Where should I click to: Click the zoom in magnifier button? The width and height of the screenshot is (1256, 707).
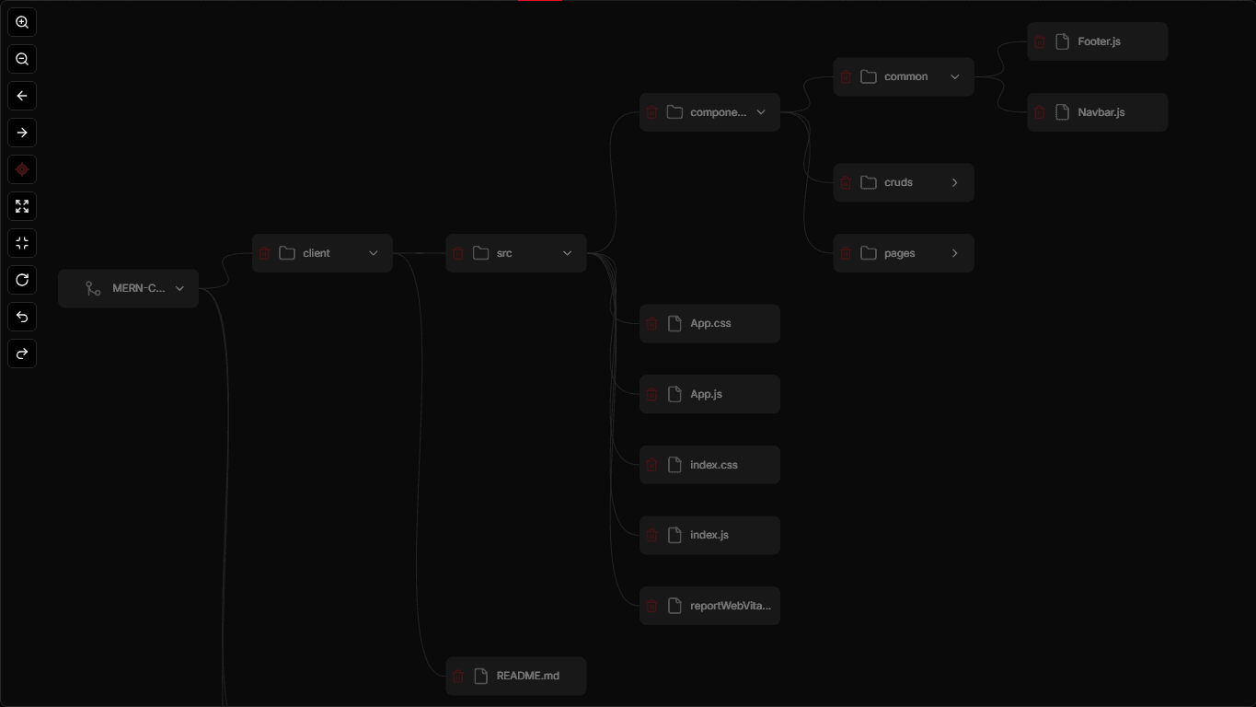[22, 22]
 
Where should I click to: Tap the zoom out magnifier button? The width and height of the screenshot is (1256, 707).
[22, 59]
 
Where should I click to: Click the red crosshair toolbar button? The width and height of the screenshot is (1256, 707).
[22, 169]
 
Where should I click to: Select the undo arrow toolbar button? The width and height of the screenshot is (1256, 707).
[22, 317]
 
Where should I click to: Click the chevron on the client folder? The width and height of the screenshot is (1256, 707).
[373, 253]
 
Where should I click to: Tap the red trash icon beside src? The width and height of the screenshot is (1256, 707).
[458, 253]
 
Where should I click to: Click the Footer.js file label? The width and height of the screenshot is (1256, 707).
[1099, 41]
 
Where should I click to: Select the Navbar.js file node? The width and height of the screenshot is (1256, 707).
[1097, 112]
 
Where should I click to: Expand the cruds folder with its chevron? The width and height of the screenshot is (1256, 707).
[954, 182]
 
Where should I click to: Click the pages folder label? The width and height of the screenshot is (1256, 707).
[899, 253]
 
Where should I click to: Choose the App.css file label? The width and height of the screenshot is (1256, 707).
[710, 324]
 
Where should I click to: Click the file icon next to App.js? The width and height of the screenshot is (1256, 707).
[674, 394]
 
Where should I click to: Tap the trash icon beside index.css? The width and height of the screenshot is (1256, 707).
[651, 465]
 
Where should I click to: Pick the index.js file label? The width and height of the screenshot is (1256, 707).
[709, 535]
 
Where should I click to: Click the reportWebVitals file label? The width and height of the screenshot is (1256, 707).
[731, 606]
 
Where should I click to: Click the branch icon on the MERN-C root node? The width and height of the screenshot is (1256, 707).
[93, 288]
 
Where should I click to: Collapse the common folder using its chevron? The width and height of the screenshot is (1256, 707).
[954, 76]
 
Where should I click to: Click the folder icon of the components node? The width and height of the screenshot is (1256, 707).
[674, 112]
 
